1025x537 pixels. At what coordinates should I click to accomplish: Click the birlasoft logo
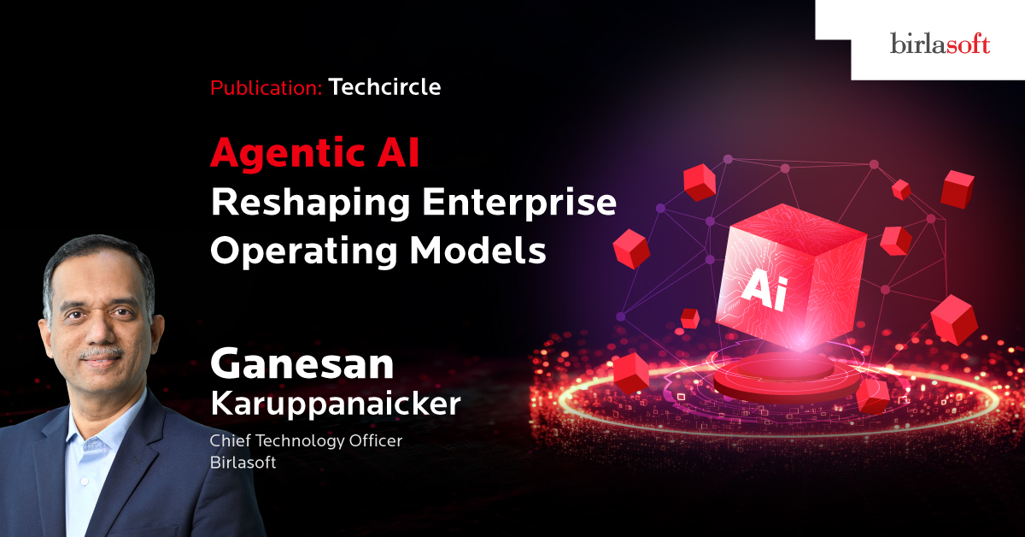[x=940, y=44]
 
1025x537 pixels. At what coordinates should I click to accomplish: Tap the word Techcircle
[x=385, y=86]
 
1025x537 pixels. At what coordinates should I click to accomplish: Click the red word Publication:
[x=266, y=87]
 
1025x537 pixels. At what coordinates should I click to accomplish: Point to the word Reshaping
[x=310, y=203]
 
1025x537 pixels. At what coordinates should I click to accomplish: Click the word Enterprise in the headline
[x=519, y=203]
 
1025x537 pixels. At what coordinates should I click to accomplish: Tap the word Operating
[x=304, y=251]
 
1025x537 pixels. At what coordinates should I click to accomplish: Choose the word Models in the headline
[x=478, y=251]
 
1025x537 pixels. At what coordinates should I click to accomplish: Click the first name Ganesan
[x=302, y=364]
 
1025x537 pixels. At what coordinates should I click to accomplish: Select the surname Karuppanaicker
[x=336, y=404]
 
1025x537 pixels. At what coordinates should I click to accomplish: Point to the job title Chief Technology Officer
[x=306, y=440]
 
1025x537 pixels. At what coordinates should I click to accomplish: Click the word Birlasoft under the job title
[x=243, y=463]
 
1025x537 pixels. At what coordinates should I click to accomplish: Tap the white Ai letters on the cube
[x=764, y=292]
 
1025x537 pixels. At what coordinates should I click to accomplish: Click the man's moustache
[x=102, y=354]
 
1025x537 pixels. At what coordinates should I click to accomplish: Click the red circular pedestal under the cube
[x=786, y=376]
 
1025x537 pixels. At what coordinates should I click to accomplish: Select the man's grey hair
[x=96, y=261]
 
